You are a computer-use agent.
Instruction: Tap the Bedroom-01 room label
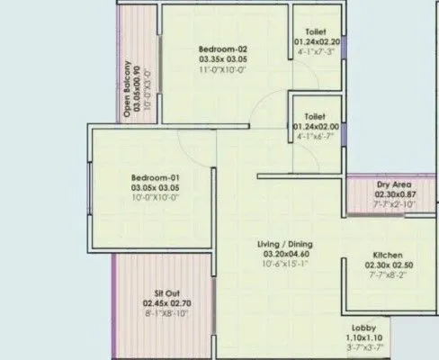(151, 177)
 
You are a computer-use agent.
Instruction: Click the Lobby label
(365, 328)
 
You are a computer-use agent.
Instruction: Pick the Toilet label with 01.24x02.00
(314, 116)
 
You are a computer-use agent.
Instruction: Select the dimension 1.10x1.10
(365, 337)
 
